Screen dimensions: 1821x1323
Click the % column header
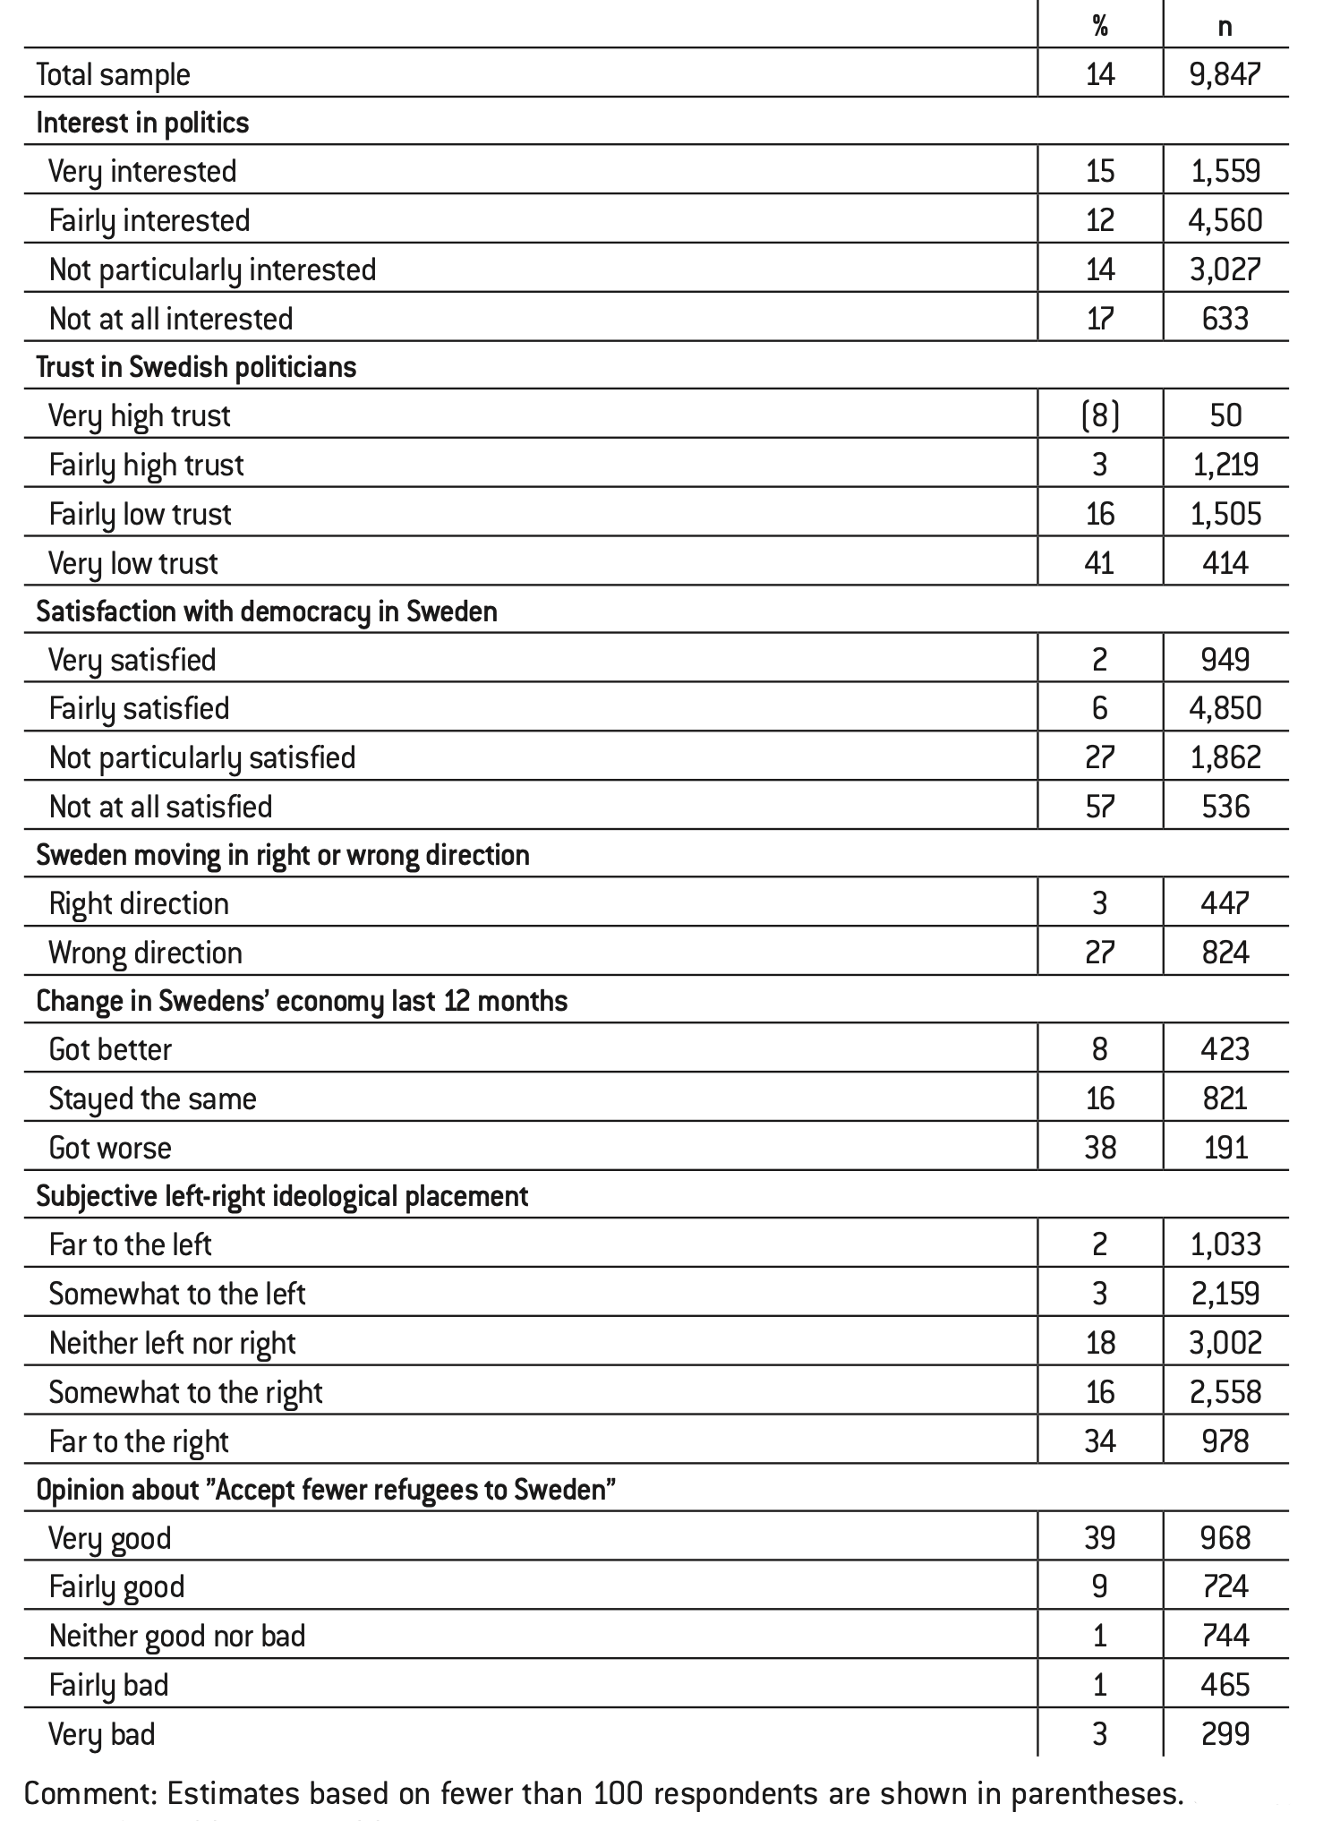(1100, 26)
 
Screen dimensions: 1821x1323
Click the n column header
(1225, 26)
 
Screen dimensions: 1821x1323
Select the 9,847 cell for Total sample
(1225, 74)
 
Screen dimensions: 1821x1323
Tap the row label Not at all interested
(171, 319)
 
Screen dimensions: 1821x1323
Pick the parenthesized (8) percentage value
(1100, 415)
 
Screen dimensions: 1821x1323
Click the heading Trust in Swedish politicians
(196, 367)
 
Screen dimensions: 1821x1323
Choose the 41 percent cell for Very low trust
(1100, 563)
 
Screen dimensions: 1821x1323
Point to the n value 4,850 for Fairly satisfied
(1225, 708)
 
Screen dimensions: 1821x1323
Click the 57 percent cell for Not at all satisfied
(1100, 807)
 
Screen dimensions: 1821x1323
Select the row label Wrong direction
(145, 953)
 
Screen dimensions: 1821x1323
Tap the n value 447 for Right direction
(1225, 903)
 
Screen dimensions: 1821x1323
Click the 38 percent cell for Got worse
(1100, 1148)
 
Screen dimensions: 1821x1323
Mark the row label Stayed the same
(152, 1099)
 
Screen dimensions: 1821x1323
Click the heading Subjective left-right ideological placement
(282, 1196)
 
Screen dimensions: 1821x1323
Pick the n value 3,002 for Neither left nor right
(1225, 1343)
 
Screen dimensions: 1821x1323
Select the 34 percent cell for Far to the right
(1100, 1441)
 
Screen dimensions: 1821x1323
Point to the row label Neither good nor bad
(177, 1636)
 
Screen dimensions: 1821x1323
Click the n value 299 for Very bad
(1225, 1734)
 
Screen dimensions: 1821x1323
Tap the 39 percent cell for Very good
(1100, 1538)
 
